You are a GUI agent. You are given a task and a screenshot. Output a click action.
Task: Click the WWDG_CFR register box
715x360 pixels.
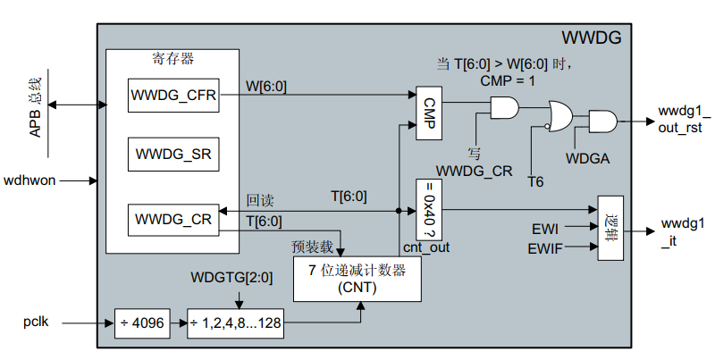pos(172,96)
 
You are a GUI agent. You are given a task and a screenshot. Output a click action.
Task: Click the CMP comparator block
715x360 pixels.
pos(429,114)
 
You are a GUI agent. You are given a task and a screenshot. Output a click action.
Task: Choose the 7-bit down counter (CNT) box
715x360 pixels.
pos(357,279)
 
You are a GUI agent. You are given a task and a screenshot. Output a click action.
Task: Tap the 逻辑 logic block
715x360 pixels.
pos(611,228)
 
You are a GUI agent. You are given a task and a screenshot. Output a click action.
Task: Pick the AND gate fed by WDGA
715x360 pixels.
pos(601,121)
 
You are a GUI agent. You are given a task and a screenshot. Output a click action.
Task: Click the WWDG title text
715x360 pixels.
pos(591,38)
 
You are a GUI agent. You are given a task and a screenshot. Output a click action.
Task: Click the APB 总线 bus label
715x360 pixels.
pos(36,105)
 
